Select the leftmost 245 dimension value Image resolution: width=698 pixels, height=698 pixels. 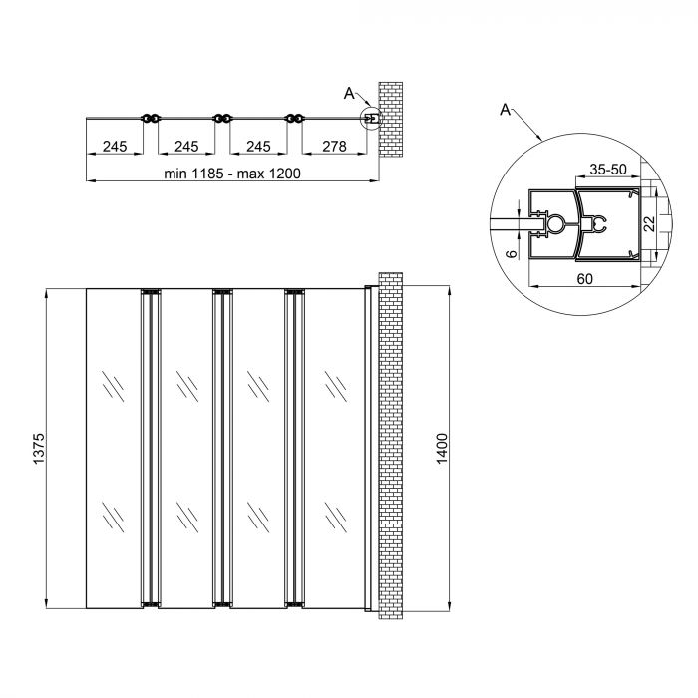click(x=115, y=147)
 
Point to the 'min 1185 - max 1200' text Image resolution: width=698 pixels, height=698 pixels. click(x=232, y=174)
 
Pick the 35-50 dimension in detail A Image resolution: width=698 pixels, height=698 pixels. click(x=606, y=169)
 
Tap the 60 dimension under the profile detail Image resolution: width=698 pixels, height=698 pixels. click(x=583, y=278)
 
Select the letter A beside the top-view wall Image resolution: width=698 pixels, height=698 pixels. click(x=349, y=93)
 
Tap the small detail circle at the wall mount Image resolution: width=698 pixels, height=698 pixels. click(x=370, y=119)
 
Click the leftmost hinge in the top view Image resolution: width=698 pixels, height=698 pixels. click(x=151, y=119)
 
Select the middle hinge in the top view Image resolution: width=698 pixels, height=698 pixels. click(x=221, y=119)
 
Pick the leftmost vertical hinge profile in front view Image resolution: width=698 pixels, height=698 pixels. click(x=151, y=448)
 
